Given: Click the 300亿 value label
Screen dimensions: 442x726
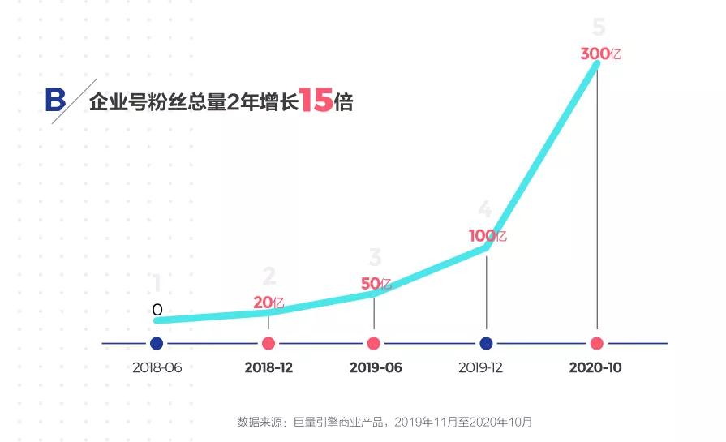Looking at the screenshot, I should coord(600,54).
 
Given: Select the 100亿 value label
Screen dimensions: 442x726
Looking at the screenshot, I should coord(488,236).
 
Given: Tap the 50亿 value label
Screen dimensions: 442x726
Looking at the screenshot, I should coord(376,284).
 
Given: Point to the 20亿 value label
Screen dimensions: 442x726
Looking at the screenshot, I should coord(268,303).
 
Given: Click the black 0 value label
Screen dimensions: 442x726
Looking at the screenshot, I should coord(157,310).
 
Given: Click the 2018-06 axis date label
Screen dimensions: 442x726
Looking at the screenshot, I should coord(157,367).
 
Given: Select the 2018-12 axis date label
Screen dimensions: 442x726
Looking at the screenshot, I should coord(268,367).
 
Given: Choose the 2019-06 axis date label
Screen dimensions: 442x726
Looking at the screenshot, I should coord(376,367).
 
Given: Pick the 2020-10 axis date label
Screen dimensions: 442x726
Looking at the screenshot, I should coord(595,367).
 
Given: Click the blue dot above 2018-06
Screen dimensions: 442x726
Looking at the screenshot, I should coord(157,343).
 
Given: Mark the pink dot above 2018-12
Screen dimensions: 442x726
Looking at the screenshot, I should coord(268,343).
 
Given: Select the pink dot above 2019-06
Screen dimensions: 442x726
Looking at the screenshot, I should coord(374,343).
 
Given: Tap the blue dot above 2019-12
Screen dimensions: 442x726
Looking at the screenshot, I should coord(486,343).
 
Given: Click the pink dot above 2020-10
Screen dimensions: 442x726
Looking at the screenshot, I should coord(597,343).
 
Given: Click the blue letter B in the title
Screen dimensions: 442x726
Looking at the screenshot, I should coord(55,101).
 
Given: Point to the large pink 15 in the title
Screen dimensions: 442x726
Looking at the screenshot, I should coord(315,101).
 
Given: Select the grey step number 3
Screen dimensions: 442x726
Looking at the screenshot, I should coord(375,258).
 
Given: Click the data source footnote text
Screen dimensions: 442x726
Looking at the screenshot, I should coord(384,422).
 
